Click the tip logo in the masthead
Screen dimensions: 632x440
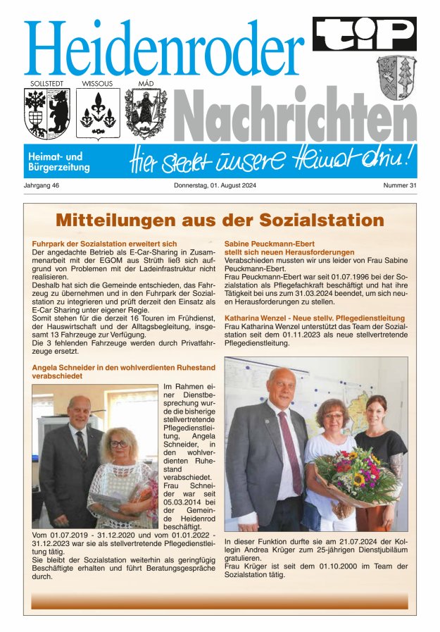pos(364,33)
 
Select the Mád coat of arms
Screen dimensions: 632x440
pos(146,113)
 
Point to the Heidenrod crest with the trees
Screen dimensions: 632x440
pos(396,78)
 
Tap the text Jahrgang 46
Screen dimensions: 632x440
pos(41,185)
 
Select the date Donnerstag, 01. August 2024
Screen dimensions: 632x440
pos(220,185)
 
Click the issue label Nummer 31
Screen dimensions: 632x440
pos(400,185)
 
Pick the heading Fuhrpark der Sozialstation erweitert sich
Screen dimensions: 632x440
pos(105,244)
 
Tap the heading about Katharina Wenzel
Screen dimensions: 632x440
pos(314,318)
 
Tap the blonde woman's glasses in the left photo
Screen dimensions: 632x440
pos(119,444)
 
